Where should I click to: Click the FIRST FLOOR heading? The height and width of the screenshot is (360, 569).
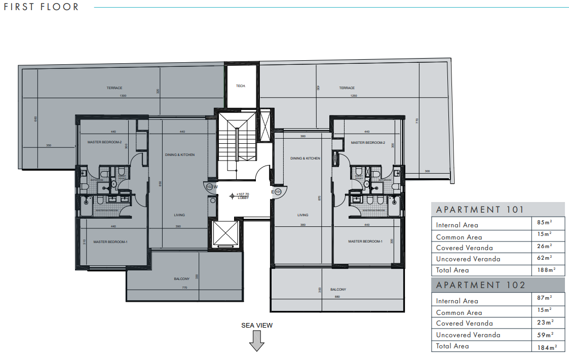(x=42, y=7)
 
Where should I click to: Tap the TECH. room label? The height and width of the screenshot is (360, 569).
(x=241, y=86)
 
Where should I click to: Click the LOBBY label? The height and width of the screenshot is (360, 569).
(x=243, y=197)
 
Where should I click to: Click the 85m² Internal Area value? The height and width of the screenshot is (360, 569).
(x=544, y=222)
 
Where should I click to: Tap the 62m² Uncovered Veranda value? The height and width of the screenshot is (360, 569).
(x=544, y=258)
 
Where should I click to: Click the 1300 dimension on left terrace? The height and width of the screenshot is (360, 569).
(x=123, y=96)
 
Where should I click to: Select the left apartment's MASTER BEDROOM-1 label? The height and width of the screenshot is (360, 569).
(x=110, y=242)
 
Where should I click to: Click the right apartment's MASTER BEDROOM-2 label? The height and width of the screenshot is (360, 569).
(x=368, y=143)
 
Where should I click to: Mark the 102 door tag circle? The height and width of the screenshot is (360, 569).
(x=209, y=186)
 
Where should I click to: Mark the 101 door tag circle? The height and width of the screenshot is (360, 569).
(x=278, y=192)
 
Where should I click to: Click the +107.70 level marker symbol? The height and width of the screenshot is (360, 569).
(x=233, y=195)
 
